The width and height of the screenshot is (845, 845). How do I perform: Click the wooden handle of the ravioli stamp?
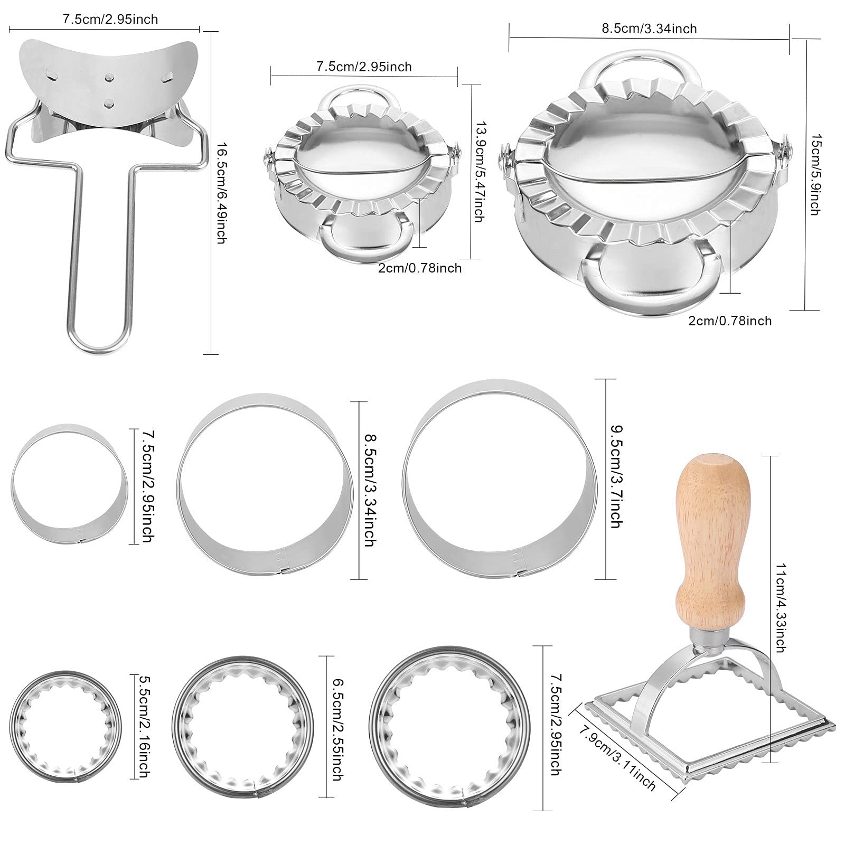[712, 539]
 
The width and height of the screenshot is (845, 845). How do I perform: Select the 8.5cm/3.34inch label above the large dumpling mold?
[649, 29]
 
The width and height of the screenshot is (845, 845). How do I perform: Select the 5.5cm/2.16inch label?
[141, 725]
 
